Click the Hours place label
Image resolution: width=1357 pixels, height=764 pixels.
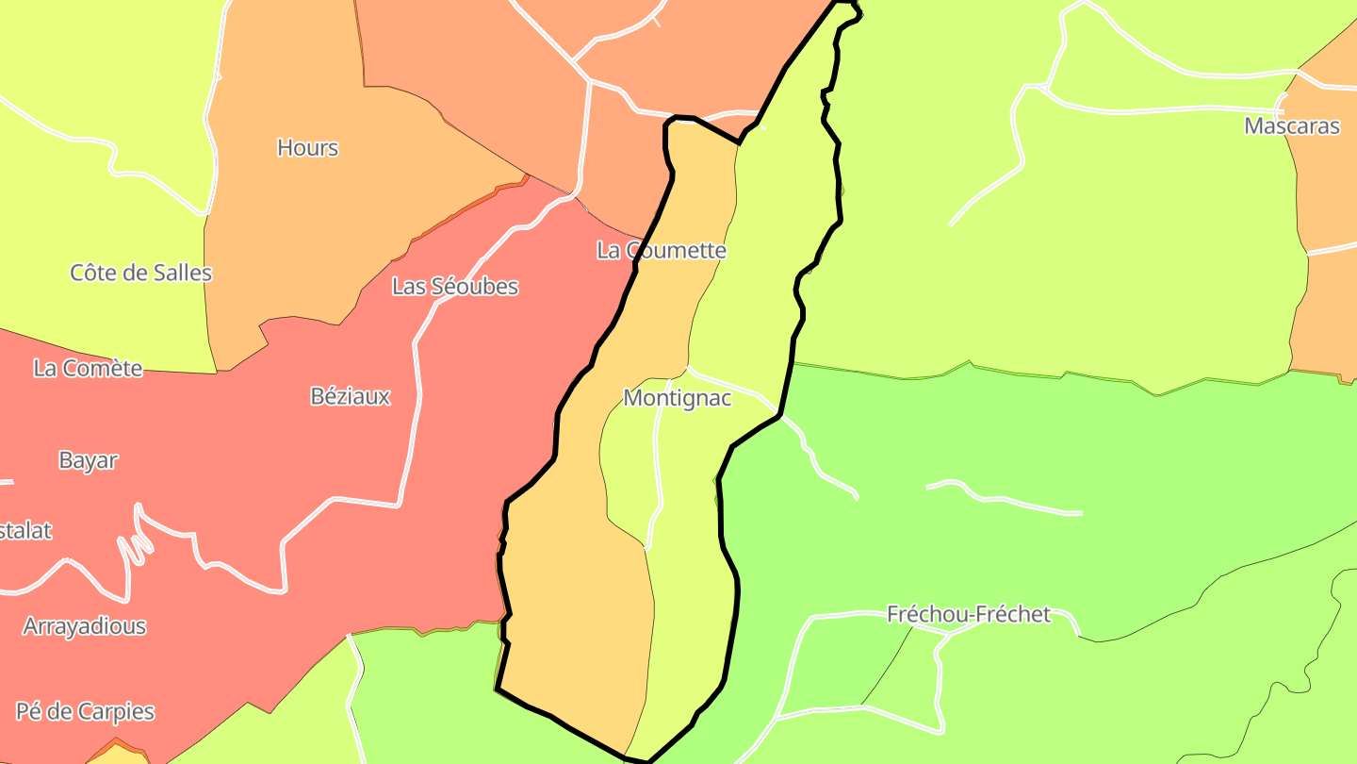307,148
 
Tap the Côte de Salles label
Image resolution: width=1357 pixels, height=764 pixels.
141,274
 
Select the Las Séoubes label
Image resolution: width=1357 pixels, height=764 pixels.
455,287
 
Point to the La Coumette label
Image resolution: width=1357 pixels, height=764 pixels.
662,251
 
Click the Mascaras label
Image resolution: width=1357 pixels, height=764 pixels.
1292,126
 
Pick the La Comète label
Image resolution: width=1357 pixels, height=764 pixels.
88,369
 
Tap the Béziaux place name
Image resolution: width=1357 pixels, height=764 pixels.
351,397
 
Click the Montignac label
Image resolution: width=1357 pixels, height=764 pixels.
678,399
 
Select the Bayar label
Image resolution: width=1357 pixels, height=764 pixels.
89,461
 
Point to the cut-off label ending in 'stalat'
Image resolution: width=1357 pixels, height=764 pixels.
25,531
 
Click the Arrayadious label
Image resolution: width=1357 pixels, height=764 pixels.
85,626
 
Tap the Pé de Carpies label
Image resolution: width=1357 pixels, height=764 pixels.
85,711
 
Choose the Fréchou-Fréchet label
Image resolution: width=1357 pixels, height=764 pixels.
969,615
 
